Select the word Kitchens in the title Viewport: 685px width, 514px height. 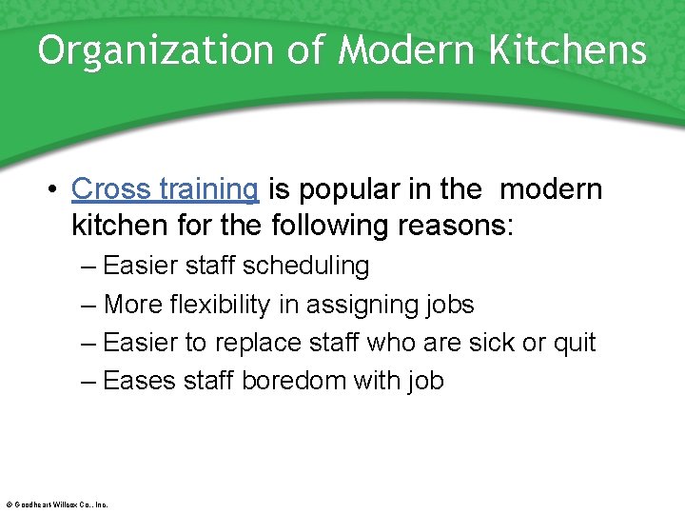[x=568, y=51]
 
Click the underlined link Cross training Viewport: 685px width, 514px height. [x=165, y=189]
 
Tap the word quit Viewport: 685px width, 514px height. [x=574, y=343]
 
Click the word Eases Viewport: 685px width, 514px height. [x=139, y=381]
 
